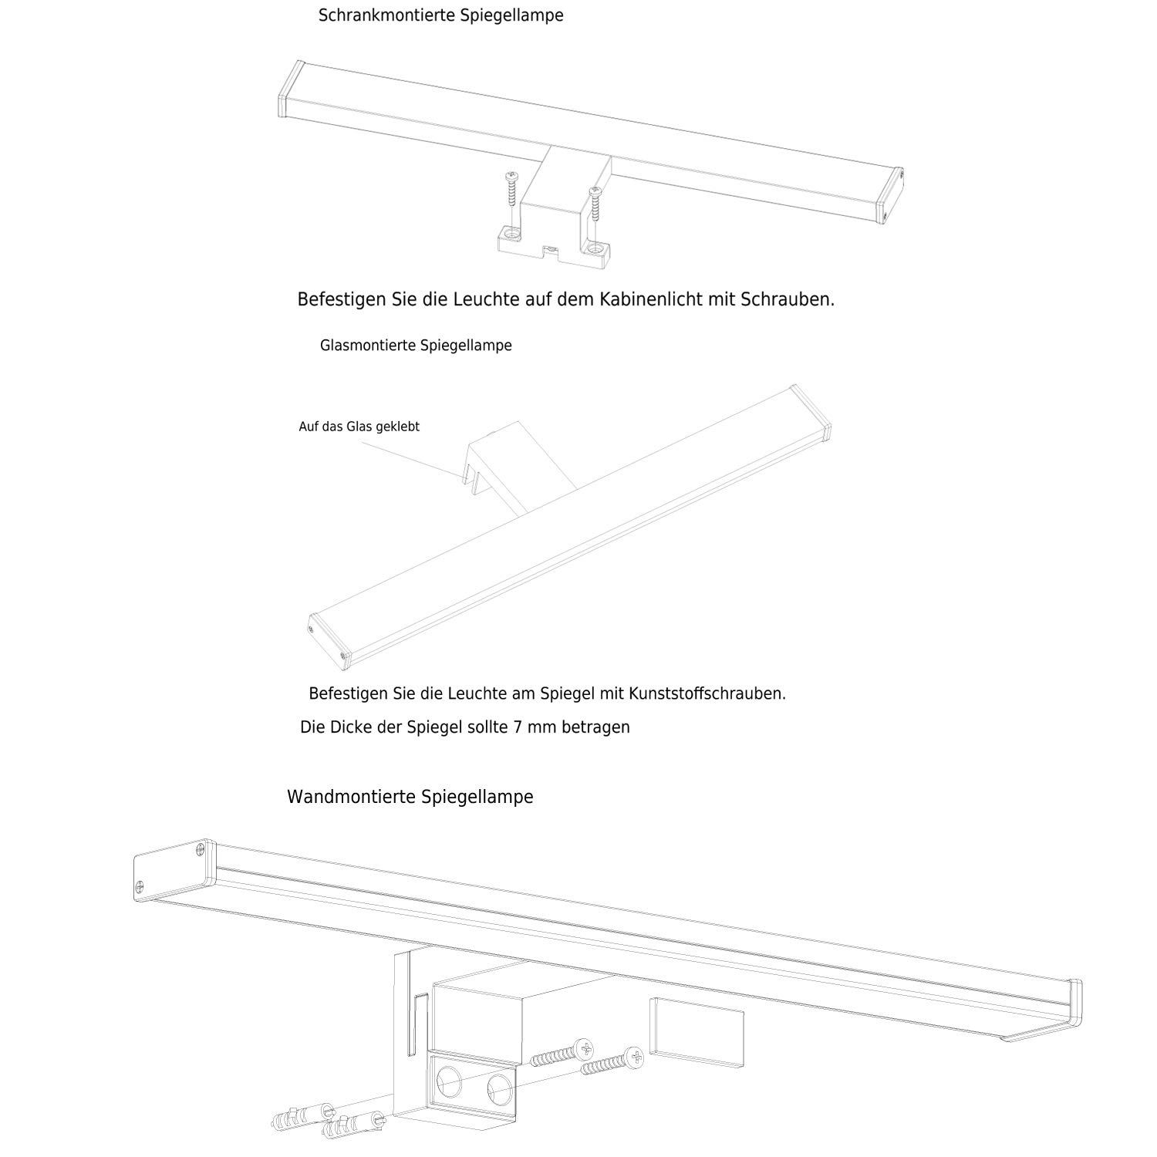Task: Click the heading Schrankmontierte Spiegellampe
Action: pos(440,15)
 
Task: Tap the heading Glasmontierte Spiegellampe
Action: pos(416,346)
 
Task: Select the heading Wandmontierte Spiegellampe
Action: pos(410,797)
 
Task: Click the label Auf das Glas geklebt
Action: pos(359,427)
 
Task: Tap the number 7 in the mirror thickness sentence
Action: pos(516,727)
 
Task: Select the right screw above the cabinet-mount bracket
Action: pos(595,205)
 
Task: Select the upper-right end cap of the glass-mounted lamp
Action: pos(810,413)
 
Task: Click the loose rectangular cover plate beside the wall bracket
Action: pos(697,1031)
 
